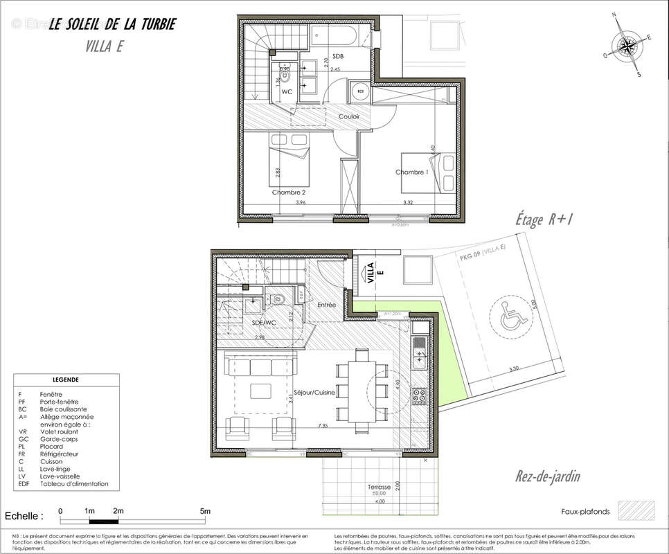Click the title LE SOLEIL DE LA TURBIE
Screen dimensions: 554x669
(x=111, y=25)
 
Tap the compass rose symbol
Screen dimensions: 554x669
(x=628, y=46)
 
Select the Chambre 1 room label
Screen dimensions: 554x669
(x=411, y=172)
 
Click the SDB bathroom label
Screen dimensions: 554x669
(x=338, y=56)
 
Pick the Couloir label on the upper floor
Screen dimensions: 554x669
(x=349, y=116)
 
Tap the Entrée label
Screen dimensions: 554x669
(x=326, y=305)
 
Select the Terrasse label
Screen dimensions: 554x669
(x=380, y=488)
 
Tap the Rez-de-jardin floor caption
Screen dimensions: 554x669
(x=547, y=476)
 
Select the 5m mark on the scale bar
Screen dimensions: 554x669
(x=205, y=512)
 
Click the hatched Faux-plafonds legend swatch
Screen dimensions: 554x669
(x=636, y=511)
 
